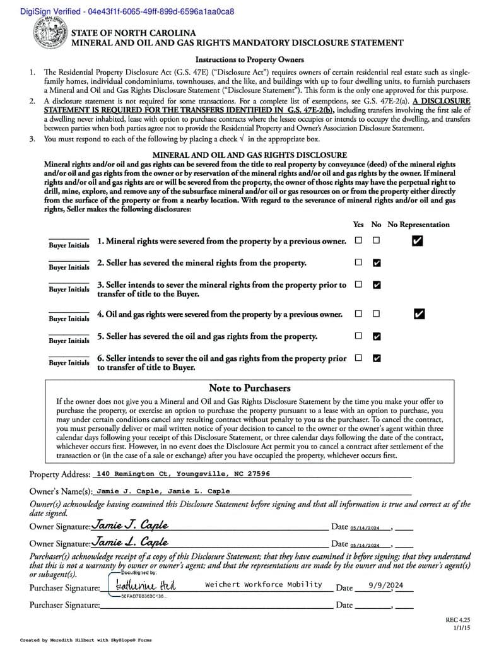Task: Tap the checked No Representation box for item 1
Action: (x=417, y=240)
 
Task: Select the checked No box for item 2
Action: (x=377, y=262)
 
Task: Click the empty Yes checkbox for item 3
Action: (x=358, y=285)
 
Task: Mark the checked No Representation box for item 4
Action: (x=420, y=314)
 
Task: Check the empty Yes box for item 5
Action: (x=358, y=336)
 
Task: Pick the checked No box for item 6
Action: (x=377, y=358)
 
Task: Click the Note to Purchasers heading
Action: (x=249, y=388)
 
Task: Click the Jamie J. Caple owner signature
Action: (x=130, y=525)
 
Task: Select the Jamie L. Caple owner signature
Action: (x=130, y=541)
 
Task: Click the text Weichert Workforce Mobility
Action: (x=263, y=584)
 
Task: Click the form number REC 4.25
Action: (x=457, y=620)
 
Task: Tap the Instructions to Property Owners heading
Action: (x=249, y=60)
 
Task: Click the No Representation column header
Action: (x=418, y=225)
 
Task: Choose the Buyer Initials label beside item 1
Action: (x=69, y=245)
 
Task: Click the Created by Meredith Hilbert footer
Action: (x=85, y=640)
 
